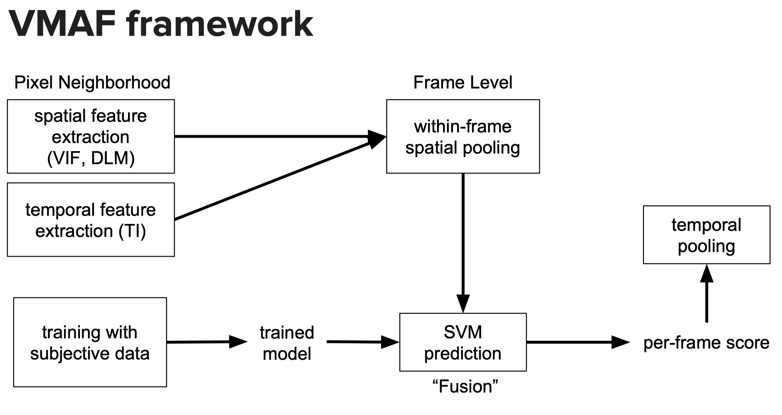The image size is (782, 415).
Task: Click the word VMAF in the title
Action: coord(63,24)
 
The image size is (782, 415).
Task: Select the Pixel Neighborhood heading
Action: coord(92,82)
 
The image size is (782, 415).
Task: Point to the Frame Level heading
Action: coord(463,82)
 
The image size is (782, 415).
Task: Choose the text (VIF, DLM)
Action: coord(91,158)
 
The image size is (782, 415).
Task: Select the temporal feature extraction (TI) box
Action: coord(91,220)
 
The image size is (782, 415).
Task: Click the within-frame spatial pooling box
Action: coord(463,137)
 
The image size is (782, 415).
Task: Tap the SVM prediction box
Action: coord(463,342)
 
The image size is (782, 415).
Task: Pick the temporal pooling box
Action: coord(706,235)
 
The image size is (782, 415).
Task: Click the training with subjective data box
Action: coord(90,342)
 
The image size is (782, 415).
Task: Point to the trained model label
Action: coord(287,343)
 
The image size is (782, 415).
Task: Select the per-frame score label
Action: coord(706,343)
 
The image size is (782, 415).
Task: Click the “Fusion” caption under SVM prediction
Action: coord(465,386)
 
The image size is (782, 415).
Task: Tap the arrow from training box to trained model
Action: coord(205,342)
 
